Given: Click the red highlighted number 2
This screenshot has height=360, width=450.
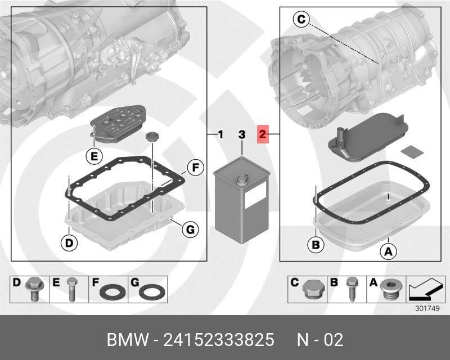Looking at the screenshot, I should (x=263, y=134).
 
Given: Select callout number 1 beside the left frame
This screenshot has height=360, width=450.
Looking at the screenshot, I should (x=220, y=134).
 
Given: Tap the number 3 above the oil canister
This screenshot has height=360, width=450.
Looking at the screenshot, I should (x=241, y=134).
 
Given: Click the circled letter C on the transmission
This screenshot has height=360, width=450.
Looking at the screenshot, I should (x=301, y=20).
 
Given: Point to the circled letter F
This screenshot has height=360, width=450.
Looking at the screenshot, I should (x=194, y=167).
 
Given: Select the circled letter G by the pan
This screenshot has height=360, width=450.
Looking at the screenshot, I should (x=191, y=229).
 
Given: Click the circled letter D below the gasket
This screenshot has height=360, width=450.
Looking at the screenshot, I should (x=67, y=243).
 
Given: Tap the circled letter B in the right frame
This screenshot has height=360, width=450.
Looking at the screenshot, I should (x=316, y=245).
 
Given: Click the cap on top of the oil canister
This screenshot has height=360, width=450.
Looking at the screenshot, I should (x=242, y=179).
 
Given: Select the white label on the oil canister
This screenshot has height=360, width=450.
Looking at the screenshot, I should (x=254, y=196).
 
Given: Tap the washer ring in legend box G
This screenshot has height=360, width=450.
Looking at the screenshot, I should (x=151, y=292).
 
